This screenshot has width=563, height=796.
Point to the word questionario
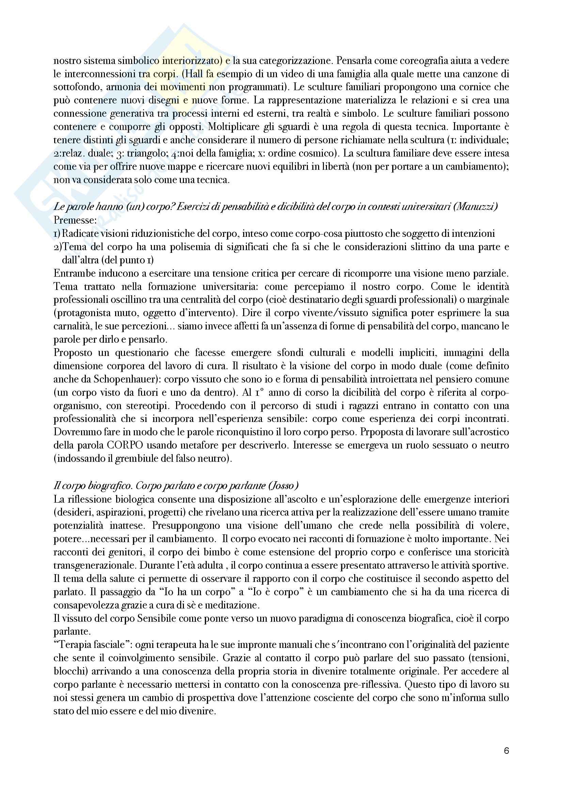(120, 353)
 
